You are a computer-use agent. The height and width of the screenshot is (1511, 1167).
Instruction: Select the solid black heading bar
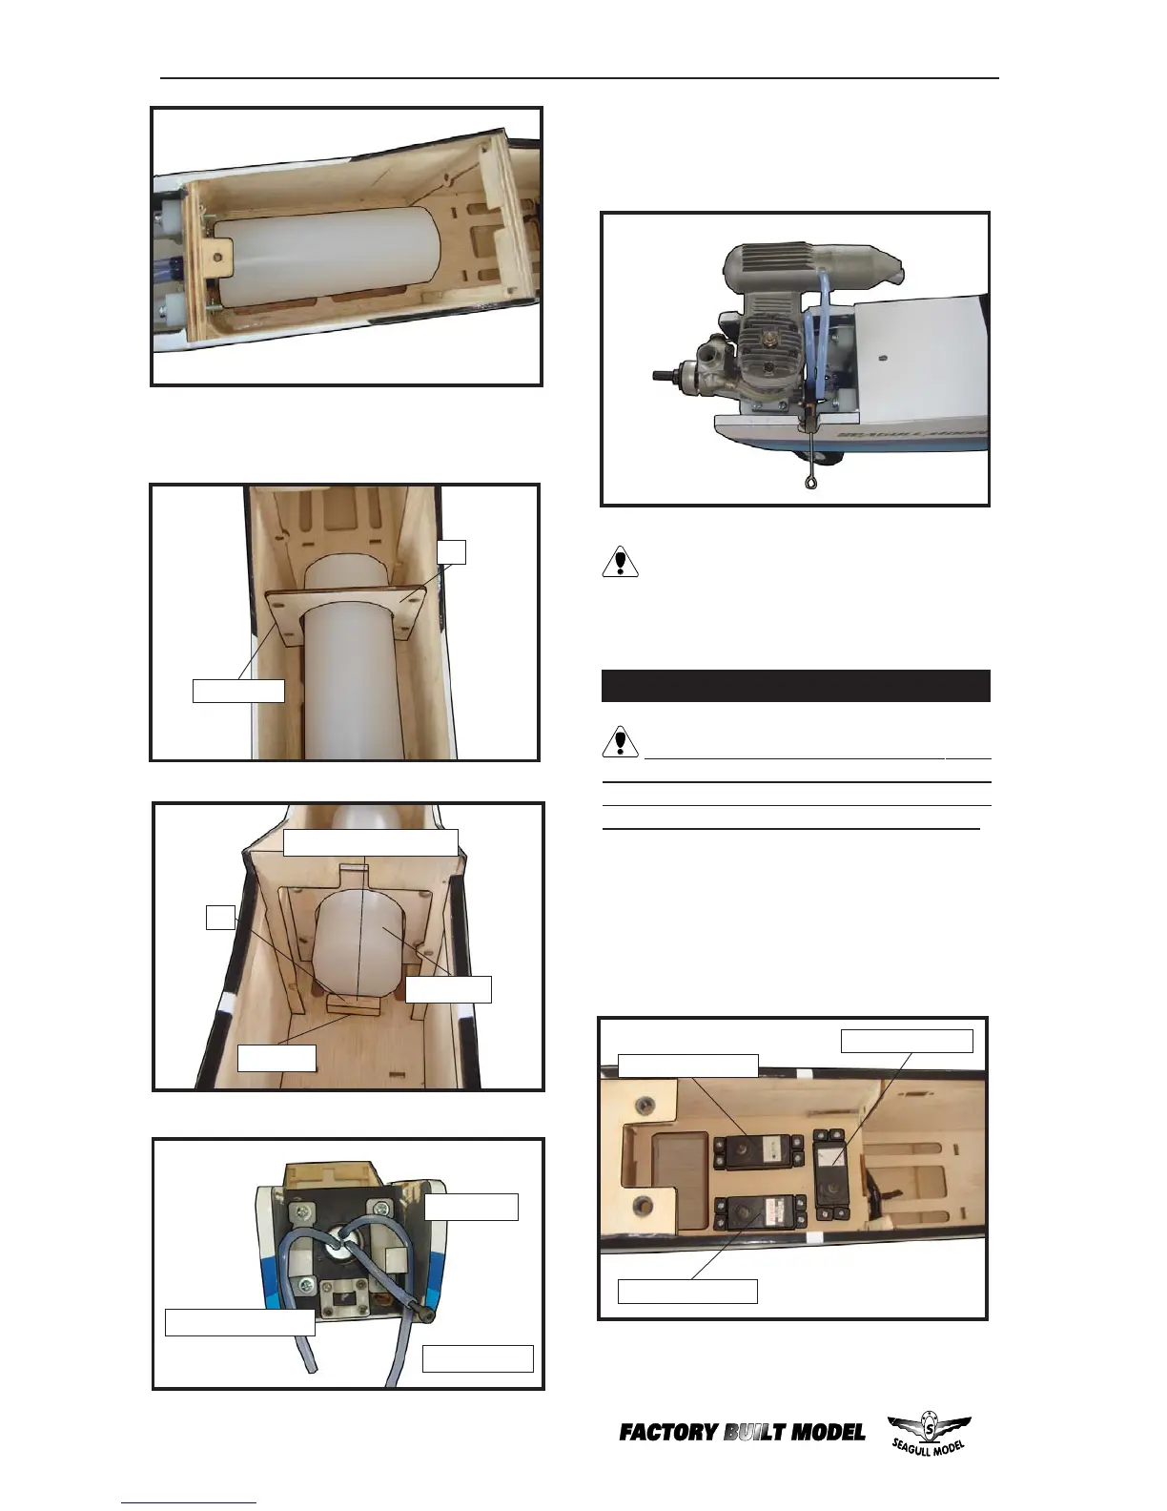click(795, 686)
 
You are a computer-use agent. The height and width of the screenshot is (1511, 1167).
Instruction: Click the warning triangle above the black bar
click(621, 562)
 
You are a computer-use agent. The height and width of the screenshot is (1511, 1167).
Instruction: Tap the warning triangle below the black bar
click(621, 741)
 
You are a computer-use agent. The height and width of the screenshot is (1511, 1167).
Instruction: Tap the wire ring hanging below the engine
click(811, 484)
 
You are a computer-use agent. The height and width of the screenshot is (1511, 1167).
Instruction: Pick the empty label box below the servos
click(687, 1291)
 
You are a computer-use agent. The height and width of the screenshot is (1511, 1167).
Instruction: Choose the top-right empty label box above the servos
click(907, 1040)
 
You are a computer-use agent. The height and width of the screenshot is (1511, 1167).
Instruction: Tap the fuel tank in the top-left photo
click(324, 258)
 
